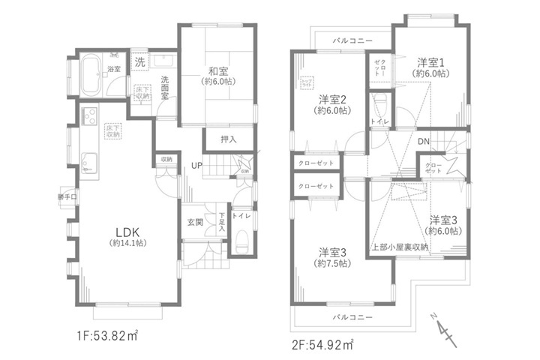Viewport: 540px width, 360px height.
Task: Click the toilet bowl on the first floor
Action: (243, 242)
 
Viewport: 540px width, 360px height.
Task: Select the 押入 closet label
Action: (217, 139)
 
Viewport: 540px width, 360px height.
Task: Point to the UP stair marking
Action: (196, 165)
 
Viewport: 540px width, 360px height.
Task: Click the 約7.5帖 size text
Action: (331, 263)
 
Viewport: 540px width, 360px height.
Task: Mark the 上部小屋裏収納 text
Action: (400, 247)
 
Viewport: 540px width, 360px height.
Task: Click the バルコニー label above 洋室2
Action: (350, 40)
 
